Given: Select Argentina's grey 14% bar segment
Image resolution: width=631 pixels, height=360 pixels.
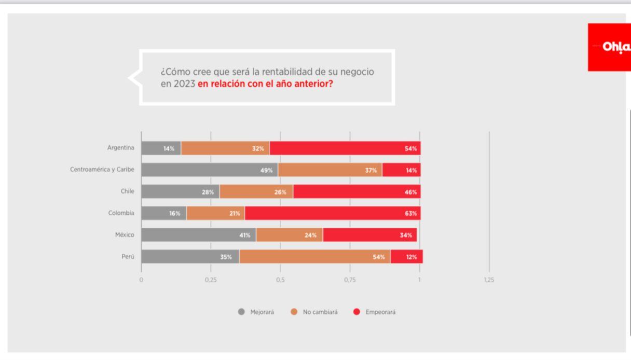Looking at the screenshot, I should click(x=161, y=148).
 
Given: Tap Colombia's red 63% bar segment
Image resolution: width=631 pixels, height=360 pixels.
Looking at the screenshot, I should click(x=332, y=213).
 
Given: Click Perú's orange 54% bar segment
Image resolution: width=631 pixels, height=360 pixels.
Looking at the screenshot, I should click(x=314, y=257).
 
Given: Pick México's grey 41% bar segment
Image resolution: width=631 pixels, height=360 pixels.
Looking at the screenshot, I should click(x=198, y=235).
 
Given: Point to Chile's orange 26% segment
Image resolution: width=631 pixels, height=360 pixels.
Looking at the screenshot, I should click(x=256, y=192).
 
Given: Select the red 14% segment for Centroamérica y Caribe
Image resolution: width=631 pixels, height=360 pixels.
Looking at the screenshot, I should click(x=401, y=170).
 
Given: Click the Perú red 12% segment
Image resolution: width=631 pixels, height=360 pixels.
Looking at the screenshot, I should click(x=406, y=257).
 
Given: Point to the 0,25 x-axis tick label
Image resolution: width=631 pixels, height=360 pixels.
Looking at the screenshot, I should click(x=211, y=280).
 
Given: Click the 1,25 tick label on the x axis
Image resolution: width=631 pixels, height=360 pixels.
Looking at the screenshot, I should click(x=489, y=280).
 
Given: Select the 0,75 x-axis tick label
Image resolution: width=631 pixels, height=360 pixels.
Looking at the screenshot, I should click(x=350, y=280).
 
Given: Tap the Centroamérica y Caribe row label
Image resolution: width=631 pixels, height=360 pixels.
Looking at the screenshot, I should click(x=102, y=170).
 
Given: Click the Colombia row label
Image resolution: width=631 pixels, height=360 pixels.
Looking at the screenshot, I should click(x=121, y=213).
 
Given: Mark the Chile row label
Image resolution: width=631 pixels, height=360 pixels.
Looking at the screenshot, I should click(x=127, y=191).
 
